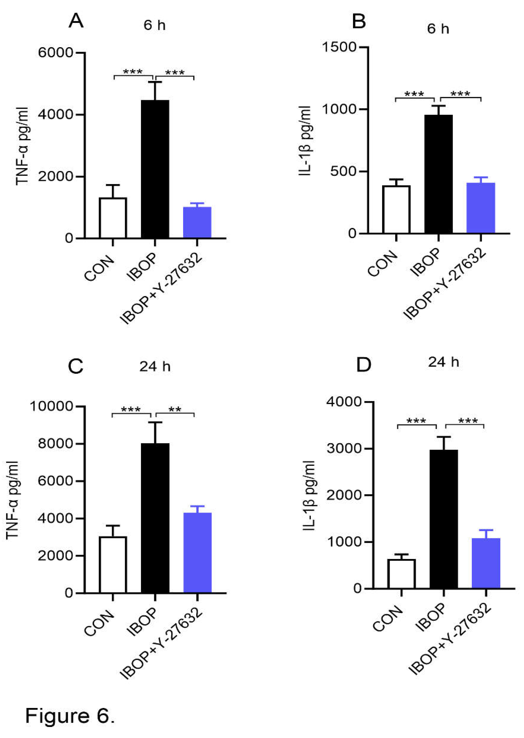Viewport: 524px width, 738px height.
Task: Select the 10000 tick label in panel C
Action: [52, 406]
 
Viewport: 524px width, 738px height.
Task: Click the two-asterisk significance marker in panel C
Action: [175, 410]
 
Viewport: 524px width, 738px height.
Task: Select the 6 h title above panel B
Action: [438, 29]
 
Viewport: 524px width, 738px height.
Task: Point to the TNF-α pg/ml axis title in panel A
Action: [22, 146]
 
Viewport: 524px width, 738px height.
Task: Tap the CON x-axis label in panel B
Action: [383, 263]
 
